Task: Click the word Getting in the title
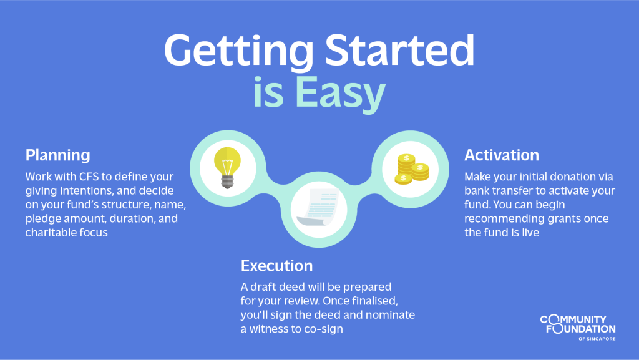pos(239,51)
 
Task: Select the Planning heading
pos(58,155)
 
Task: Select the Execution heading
pos(276,266)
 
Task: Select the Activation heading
pos(502,155)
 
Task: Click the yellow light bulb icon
pos(227,167)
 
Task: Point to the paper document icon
pos(318,208)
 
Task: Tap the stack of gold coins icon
pos(412,169)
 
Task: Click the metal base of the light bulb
pos(227,182)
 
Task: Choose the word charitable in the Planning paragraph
pos(46,233)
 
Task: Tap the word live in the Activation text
pos(530,233)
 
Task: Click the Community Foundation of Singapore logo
pos(578,328)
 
